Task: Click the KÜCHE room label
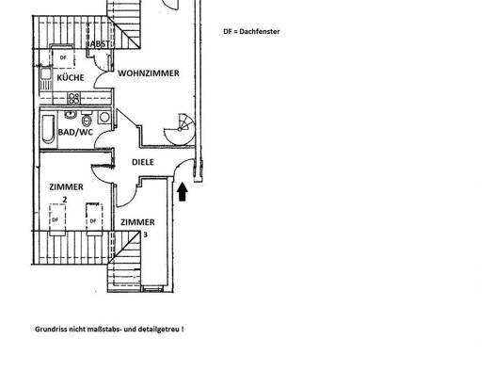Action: (72, 78)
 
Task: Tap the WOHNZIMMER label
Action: (149, 73)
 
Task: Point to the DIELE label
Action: (143, 161)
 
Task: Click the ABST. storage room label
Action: (97, 44)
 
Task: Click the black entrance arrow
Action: (183, 191)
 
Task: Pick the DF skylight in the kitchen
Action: (63, 57)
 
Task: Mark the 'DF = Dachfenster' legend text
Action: (251, 31)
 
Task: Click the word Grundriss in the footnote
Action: (54, 331)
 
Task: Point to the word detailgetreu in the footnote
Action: (154, 331)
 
